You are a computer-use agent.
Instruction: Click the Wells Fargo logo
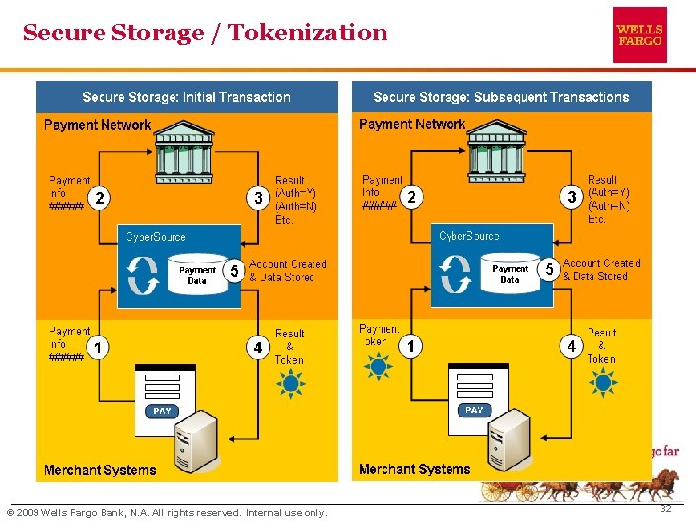(640, 35)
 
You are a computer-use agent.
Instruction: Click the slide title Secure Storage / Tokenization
(205, 33)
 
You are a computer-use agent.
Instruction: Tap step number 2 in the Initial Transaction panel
(99, 198)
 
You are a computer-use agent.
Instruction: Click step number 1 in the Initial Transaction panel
(99, 347)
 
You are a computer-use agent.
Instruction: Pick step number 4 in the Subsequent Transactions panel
(572, 346)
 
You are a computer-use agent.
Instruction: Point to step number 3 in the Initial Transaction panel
(258, 198)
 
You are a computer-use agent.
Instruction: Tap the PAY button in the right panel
(475, 410)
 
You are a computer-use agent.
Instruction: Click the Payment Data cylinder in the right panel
(510, 273)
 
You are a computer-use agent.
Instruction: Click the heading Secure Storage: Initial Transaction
(186, 97)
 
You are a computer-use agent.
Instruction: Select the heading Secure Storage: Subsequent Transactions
(501, 97)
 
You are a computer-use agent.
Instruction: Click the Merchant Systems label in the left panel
(101, 470)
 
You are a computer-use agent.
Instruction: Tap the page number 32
(666, 508)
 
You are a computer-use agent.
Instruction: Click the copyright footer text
(167, 513)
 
